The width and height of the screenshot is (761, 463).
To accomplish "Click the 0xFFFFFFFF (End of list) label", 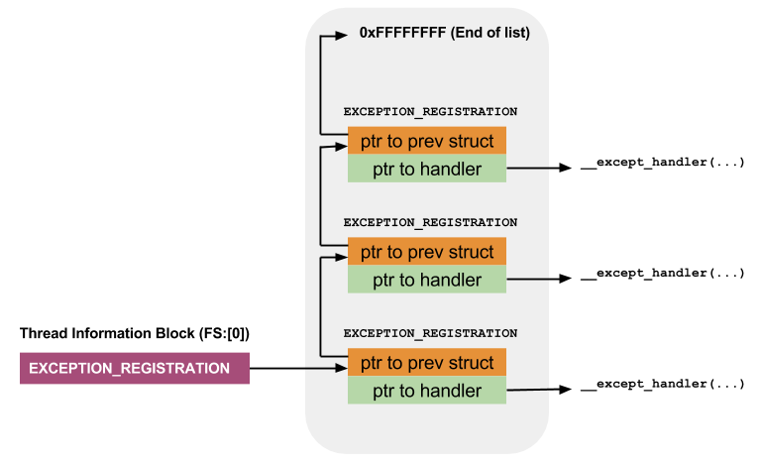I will [x=444, y=33].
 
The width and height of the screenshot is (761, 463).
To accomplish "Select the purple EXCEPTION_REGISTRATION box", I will [x=135, y=368].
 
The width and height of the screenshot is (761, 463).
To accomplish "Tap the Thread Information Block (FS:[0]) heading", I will [x=135, y=333].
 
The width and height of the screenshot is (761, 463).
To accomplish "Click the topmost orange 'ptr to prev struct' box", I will [x=427, y=141].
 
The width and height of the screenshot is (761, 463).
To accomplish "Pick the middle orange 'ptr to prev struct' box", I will [x=427, y=252].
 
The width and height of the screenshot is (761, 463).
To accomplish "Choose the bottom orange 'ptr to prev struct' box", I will [x=427, y=363].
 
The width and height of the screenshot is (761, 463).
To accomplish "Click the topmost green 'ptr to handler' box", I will [x=427, y=169].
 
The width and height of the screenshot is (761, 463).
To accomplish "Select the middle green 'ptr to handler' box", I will [x=427, y=280].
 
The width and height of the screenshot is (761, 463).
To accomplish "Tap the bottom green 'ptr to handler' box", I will [x=427, y=391].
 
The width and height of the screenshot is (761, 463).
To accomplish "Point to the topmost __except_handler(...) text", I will [x=662, y=162].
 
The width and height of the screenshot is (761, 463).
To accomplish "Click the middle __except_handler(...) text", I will [x=662, y=273].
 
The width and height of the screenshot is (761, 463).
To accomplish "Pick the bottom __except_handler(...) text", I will [x=662, y=384].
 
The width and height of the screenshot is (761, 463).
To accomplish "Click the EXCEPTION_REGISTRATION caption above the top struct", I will [x=430, y=112].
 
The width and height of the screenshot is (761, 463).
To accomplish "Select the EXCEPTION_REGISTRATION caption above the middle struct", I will [x=430, y=223].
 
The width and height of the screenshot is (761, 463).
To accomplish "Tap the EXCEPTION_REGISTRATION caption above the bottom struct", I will [x=430, y=334].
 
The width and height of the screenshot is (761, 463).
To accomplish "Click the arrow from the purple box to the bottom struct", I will [x=297, y=369].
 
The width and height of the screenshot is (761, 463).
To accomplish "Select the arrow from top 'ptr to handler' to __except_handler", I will [x=541, y=170].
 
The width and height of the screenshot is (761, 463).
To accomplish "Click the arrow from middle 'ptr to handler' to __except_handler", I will [x=541, y=281].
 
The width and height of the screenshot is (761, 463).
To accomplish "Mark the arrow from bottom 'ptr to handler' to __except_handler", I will [x=541, y=391].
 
